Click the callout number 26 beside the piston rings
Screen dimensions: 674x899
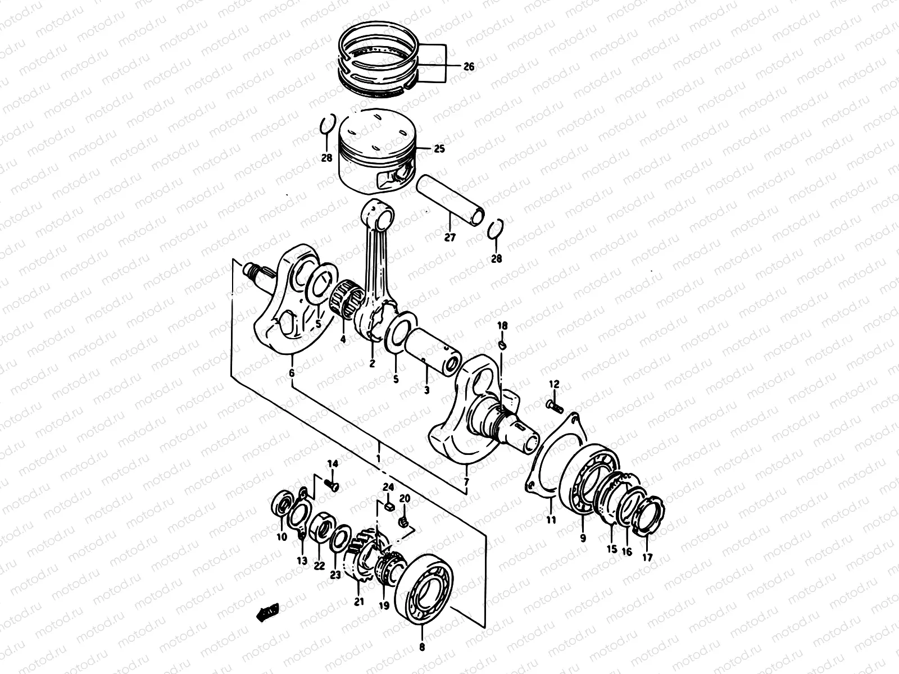click(x=469, y=67)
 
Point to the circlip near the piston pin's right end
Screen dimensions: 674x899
click(x=494, y=230)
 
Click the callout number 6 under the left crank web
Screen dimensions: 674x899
click(x=291, y=373)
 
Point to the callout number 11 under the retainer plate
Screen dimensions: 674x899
click(x=551, y=520)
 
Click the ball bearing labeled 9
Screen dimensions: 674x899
click(x=587, y=479)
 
